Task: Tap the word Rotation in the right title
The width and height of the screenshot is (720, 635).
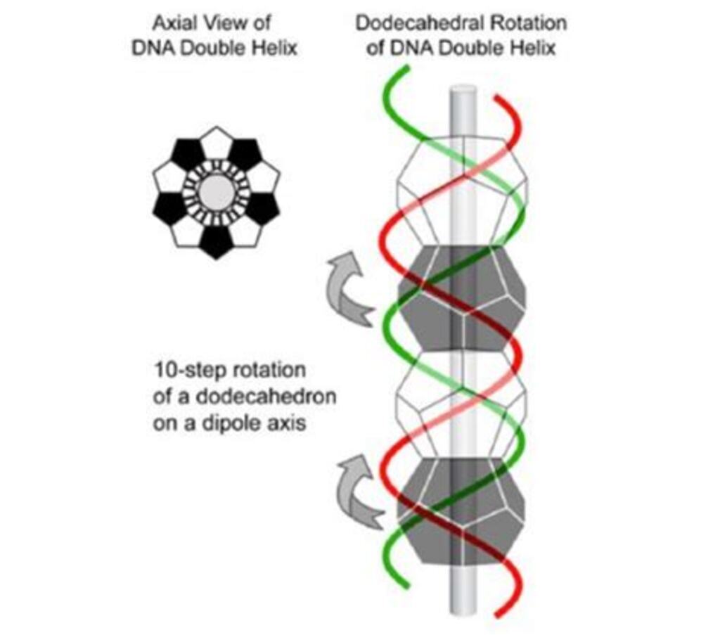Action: coord(527,23)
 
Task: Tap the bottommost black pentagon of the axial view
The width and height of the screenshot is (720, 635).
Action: coord(216,241)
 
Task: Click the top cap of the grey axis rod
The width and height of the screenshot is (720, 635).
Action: coord(463,90)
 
